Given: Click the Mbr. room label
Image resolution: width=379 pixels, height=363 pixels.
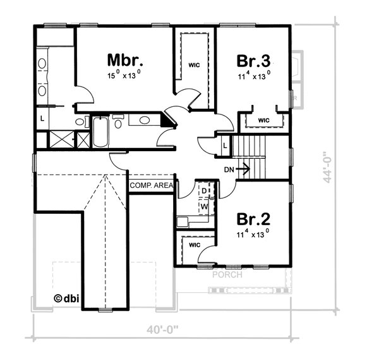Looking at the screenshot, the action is (125, 60).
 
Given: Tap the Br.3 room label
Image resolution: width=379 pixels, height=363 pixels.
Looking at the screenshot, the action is (253, 61).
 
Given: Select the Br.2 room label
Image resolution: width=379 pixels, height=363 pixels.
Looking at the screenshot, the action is (253, 219).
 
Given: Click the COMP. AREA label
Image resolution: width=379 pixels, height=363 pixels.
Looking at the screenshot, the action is (152, 186).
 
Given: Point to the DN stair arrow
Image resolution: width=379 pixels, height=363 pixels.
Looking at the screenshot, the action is (243, 169).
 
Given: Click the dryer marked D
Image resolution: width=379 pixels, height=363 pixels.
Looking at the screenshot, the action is (205, 191).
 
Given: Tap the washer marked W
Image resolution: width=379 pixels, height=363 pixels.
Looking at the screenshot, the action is (205, 206).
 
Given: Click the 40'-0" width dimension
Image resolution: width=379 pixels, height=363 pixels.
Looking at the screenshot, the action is (162, 330).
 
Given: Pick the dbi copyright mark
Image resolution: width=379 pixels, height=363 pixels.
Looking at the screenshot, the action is (66, 298).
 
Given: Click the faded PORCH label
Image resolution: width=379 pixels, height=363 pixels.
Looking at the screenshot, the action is (227, 274).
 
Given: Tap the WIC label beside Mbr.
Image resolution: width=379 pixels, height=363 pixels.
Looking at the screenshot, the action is (195, 65).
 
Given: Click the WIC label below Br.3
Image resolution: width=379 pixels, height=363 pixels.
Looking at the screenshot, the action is (263, 120).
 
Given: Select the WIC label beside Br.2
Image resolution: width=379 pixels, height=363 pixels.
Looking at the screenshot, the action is (195, 245).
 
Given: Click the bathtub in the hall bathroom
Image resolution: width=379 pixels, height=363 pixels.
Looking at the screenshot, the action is (100, 132).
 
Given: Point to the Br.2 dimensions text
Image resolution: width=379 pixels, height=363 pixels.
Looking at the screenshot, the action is (253, 234).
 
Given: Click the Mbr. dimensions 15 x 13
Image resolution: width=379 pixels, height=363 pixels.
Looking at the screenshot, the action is (124, 75).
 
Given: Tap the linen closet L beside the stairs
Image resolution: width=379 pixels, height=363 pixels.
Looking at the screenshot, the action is (225, 145).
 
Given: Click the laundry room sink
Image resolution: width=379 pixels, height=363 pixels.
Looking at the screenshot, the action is (183, 222).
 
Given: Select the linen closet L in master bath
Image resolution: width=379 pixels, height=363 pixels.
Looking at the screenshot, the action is (42, 119).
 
